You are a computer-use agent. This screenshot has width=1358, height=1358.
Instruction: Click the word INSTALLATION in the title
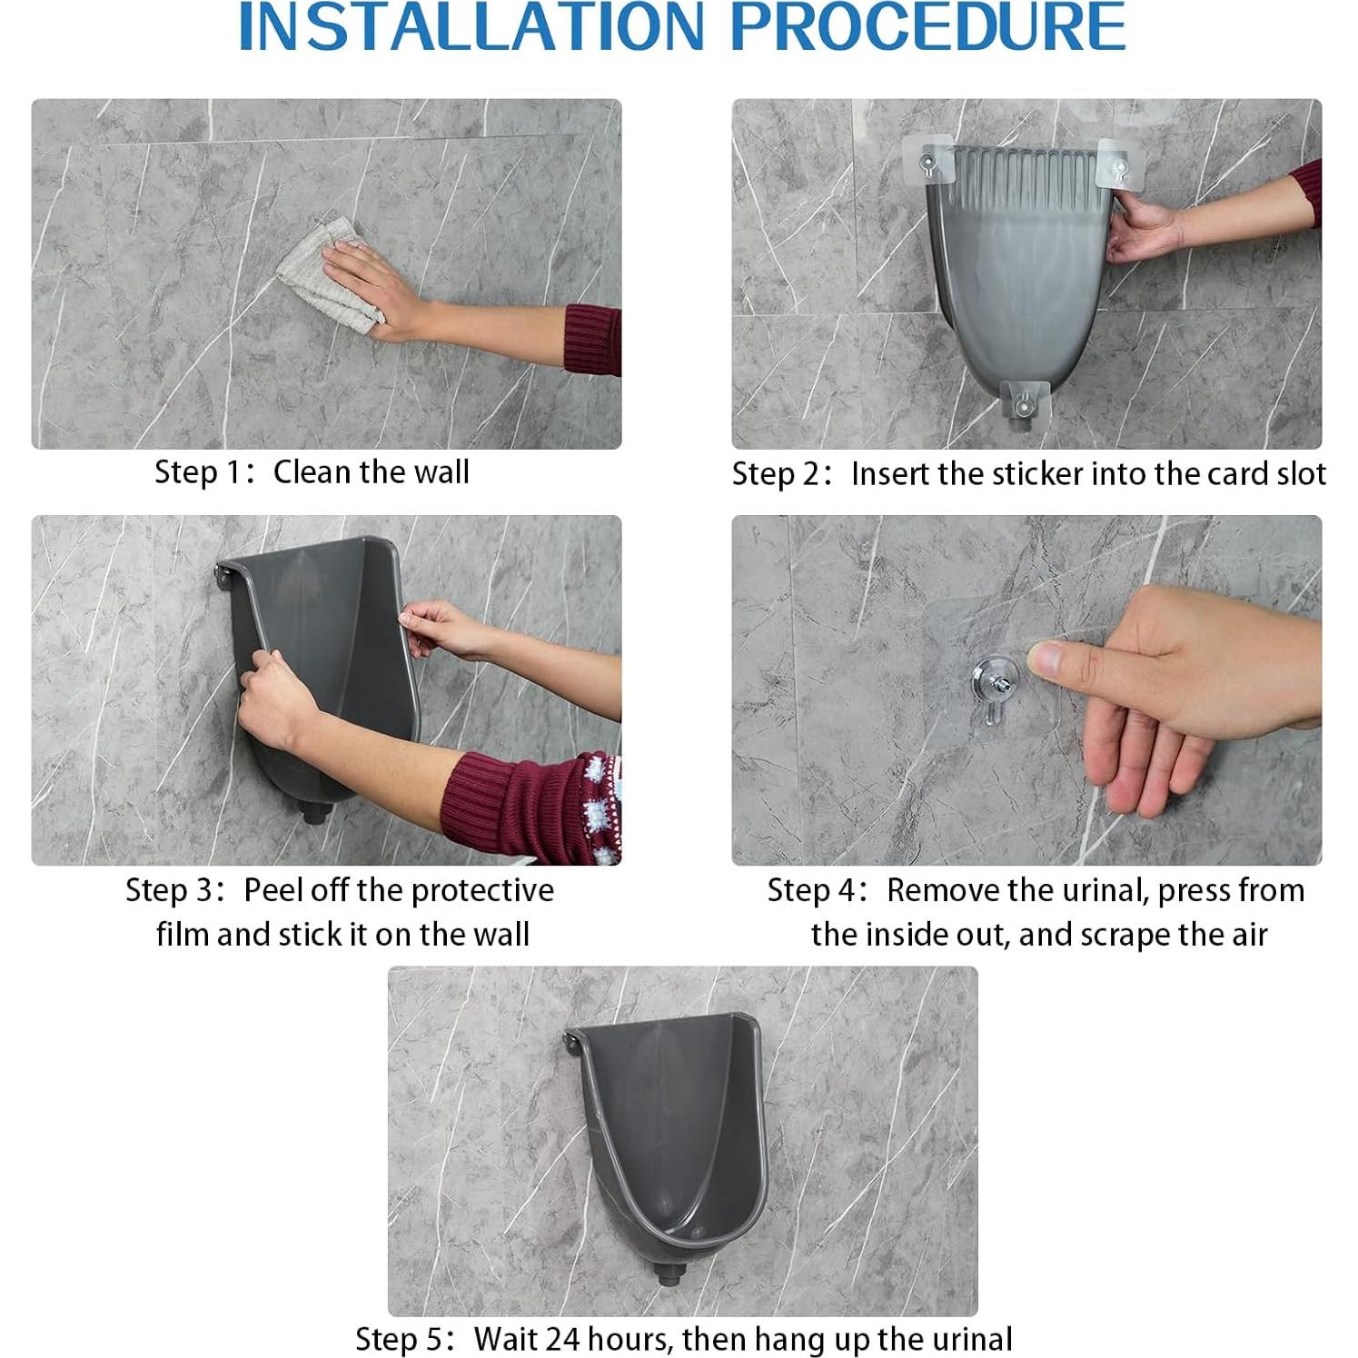471,27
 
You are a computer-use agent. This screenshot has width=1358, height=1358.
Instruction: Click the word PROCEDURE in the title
927,27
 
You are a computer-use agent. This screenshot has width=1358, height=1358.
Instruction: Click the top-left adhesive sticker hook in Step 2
927,162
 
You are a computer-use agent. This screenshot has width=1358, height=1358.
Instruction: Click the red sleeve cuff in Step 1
592,339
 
